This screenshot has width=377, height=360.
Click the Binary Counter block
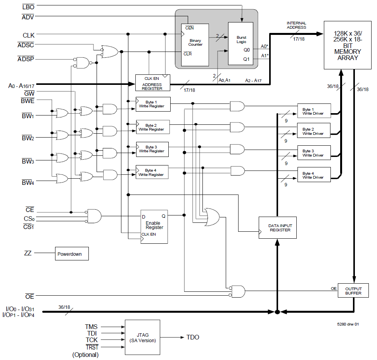[x=195, y=43]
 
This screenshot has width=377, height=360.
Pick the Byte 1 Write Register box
[x=152, y=104]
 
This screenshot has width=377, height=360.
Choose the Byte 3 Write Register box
[x=152, y=149]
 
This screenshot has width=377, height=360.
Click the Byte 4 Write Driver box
[x=313, y=175]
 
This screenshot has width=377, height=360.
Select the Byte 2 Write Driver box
[x=313, y=131]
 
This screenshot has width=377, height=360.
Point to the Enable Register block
[x=154, y=226]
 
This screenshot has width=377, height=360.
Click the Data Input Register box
[x=280, y=228]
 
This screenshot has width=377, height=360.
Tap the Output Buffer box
[x=353, y=291]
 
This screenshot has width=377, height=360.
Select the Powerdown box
[x=72, y=254]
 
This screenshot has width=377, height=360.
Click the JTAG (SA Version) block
[x=142, y=337]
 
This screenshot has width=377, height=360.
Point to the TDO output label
[x=193, y=338]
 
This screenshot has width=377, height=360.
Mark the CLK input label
[x=28, y=35]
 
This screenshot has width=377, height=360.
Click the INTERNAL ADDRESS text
[x=296, y=25]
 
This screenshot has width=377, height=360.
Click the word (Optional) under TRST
[x=85, y=355]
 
